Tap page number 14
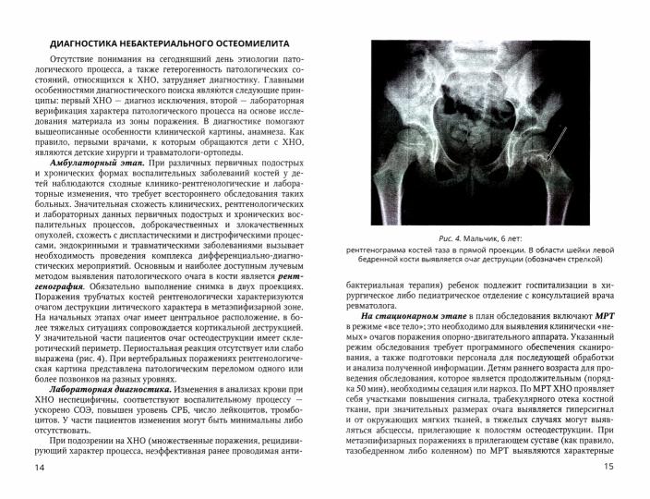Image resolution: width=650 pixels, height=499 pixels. click(x=38, y=467)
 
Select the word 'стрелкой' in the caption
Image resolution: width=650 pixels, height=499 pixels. click(x=579, y=261)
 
